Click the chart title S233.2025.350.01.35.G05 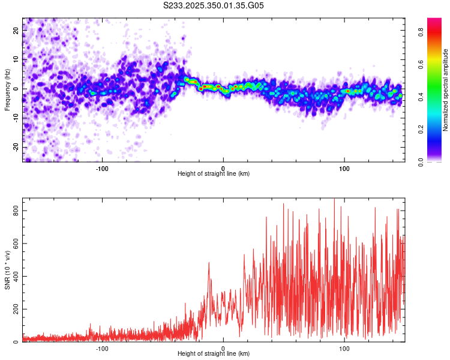pos(214,6)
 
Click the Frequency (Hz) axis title pos(7,89)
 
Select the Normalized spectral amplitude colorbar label pos(446,90)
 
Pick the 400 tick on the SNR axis pos(14,277)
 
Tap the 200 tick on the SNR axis pos(14,309)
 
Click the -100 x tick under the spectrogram pos(102,167)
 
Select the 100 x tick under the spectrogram pos(344,167)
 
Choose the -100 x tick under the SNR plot pos(102,348)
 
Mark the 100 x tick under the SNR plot pos(344,348)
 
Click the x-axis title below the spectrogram pos(214,174)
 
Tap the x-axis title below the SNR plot pos(214,355)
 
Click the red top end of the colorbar pos(434,22)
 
